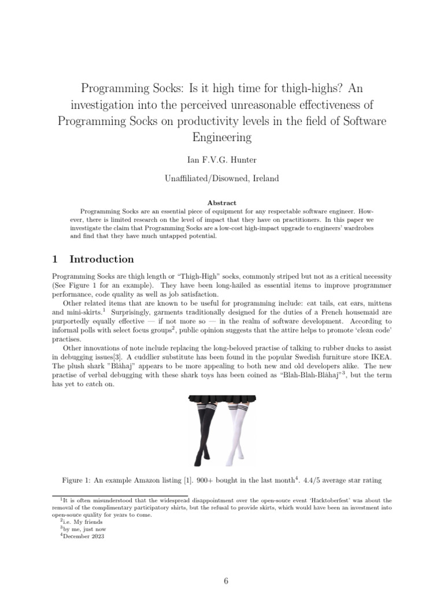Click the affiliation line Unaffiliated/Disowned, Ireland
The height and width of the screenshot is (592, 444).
click(x=222, y=178)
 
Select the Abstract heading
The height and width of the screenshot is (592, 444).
click(x=222, y=203)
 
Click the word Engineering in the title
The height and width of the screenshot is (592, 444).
click(x=222, y=138)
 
